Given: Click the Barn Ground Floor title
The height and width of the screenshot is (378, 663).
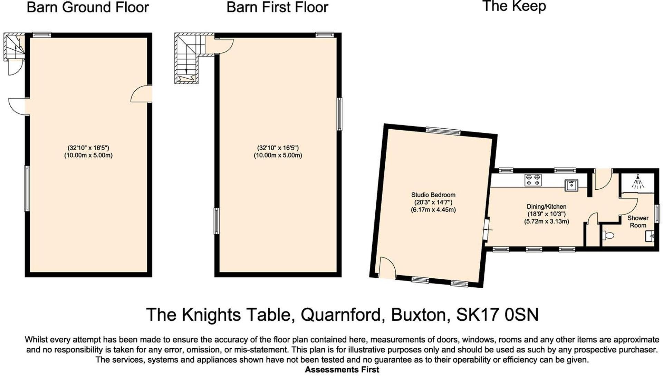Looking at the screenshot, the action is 88,8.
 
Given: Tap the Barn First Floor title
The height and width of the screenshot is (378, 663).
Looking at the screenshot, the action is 277,8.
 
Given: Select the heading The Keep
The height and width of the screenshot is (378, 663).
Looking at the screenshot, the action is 514,7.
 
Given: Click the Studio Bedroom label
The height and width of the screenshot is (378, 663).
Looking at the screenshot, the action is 433,195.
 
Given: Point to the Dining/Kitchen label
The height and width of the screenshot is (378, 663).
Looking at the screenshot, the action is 546,207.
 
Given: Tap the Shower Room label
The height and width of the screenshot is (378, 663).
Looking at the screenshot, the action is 638,221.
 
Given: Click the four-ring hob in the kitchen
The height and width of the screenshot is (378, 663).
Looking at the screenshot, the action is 533,180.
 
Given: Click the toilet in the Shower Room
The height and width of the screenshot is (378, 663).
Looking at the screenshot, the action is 607,236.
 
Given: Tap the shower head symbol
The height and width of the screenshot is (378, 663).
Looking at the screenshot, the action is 638,181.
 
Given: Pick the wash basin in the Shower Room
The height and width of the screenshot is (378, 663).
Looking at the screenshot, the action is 650,236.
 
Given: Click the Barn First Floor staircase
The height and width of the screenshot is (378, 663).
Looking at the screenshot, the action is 187,59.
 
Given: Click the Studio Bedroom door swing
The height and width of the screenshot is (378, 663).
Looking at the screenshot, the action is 387,268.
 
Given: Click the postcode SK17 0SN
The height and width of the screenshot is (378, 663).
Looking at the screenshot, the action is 497,315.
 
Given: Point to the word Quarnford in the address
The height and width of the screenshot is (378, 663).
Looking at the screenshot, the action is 342,315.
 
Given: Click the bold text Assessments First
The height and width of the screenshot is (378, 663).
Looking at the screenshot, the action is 342,370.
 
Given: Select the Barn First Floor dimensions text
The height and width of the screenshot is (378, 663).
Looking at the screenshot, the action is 278,151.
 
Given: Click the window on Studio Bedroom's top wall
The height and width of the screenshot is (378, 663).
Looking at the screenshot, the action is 443,131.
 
